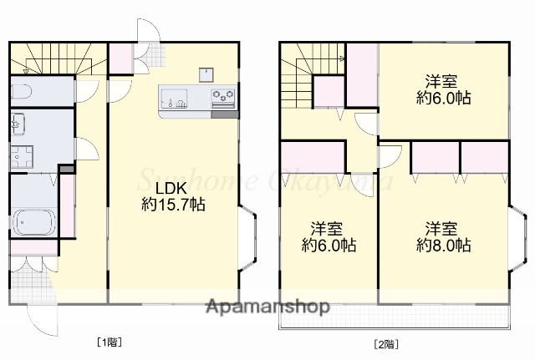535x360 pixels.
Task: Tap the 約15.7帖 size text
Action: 173,205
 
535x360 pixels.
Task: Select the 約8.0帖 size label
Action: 444,245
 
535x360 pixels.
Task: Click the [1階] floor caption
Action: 110,342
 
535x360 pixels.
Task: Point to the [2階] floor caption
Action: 386,344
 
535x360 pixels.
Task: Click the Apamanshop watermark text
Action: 267,307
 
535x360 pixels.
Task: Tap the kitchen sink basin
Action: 174,99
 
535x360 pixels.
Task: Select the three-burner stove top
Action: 223,95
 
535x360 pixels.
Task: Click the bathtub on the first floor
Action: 33,221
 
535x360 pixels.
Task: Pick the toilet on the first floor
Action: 22,91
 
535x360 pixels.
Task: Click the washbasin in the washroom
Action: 18,124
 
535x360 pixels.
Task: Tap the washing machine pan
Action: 22,156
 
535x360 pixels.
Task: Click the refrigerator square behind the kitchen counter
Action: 206,75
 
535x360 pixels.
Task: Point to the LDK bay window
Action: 247,238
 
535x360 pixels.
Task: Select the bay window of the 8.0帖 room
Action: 517,238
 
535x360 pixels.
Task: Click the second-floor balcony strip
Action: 395,317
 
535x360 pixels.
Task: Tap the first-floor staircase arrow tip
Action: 25,71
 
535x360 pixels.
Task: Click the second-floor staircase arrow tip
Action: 343,58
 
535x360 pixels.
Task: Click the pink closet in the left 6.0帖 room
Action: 313,157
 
